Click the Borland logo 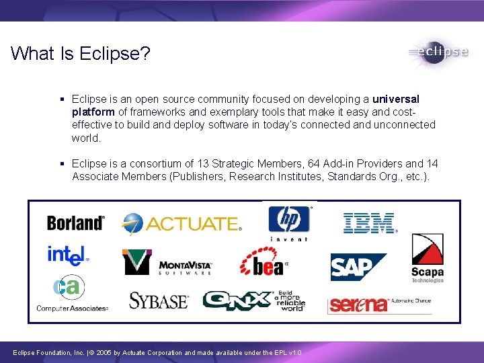(75, 223)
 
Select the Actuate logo (182, 223)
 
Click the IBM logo (370, 223)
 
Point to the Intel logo (67, 255)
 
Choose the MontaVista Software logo (167, 262)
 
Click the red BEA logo (263, 261)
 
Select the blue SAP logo (357, 267)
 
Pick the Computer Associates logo (71, 294)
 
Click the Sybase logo (159, 300)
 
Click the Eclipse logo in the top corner (438, 52)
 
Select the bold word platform (93, 112)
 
